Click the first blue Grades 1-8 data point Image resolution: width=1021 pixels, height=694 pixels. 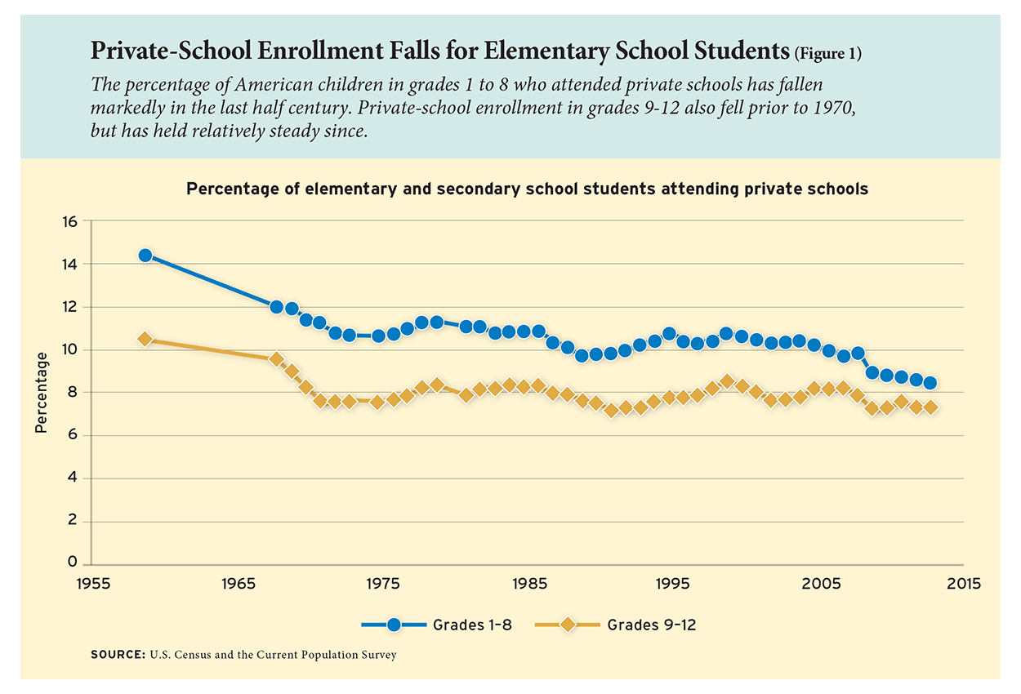pyautogui.click(x=145, y=256)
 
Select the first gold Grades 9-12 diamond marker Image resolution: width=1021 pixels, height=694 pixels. pyautogui.click(x=145, y=339)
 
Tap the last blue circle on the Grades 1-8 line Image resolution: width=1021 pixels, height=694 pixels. pyautogui.click(x=931, y=383)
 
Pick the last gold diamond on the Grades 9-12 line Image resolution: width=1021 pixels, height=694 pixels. pyautogui.click(x=931, y=407)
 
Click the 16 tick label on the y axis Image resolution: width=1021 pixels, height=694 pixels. pyautogui.click(x=69, y=222)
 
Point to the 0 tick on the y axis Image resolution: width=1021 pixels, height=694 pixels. pyautogui.click(x=73, y=562)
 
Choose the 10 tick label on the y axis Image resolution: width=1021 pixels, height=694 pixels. pyautogui.click(x=69, y=350)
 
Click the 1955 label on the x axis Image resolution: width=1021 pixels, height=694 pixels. pyautogui.click(x=93, y=584)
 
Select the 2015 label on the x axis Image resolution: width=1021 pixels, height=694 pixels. pyautogui.click(x=964, y=584)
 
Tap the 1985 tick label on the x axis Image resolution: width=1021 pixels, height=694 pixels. pyautogui.click(x=529, y=584)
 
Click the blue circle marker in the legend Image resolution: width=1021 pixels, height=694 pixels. pyautogui.click(x=395, y=625)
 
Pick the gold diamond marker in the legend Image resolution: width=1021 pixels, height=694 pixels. pyautogui.click(x=568, y=625)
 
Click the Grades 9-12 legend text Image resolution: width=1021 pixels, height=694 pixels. pyautogui.click(x=652, y=625)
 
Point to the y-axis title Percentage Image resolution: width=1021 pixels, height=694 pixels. pyautogui.click(x=42, y=393)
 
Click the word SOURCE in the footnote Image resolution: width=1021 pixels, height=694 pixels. pyautogui.click(x=118, y=655)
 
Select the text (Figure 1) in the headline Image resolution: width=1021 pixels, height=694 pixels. pyautogui.click(x=827, y=54)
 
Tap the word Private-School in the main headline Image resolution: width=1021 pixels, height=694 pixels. pyautogui.click(x=171, y=50)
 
